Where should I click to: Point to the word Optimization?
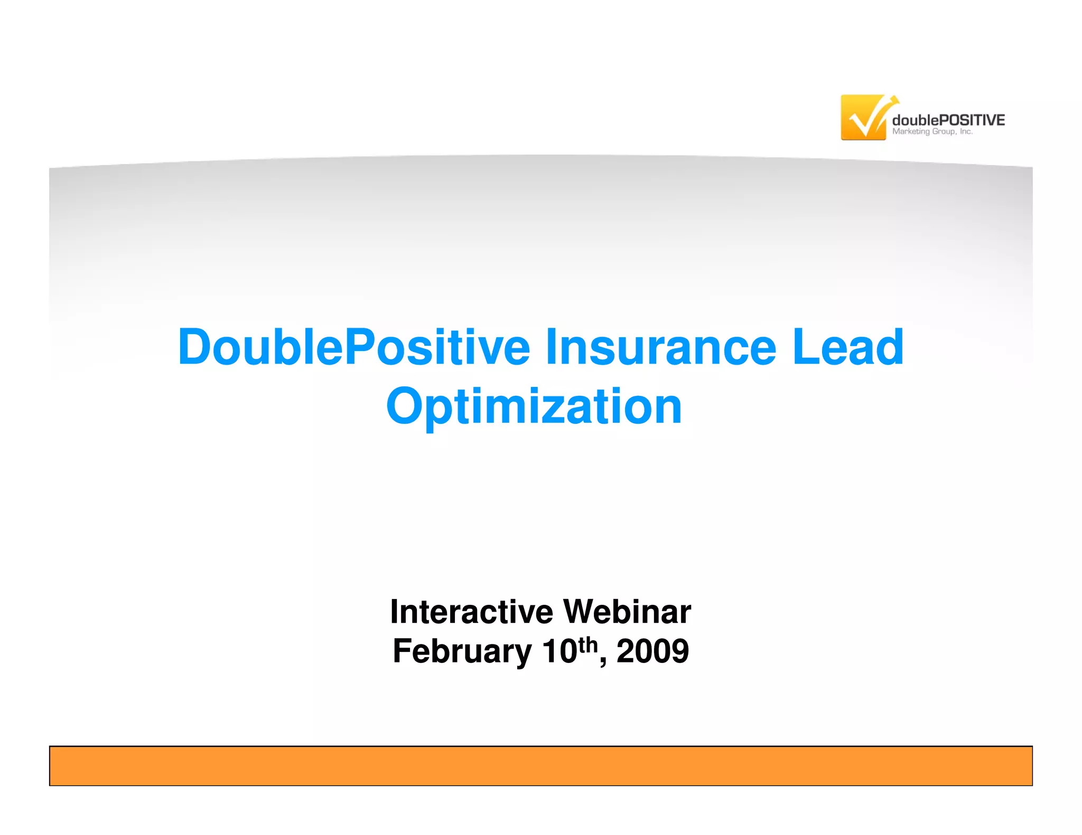[534, 406]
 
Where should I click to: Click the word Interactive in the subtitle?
[471, 612]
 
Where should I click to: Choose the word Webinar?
[627, 612]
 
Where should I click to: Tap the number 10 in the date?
[559, 651]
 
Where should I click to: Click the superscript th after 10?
[587, 644]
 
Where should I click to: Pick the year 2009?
[652, 651]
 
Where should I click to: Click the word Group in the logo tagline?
[944, 132]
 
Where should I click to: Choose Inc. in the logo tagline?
[966, 132]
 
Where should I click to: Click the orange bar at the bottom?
[540, 765]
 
